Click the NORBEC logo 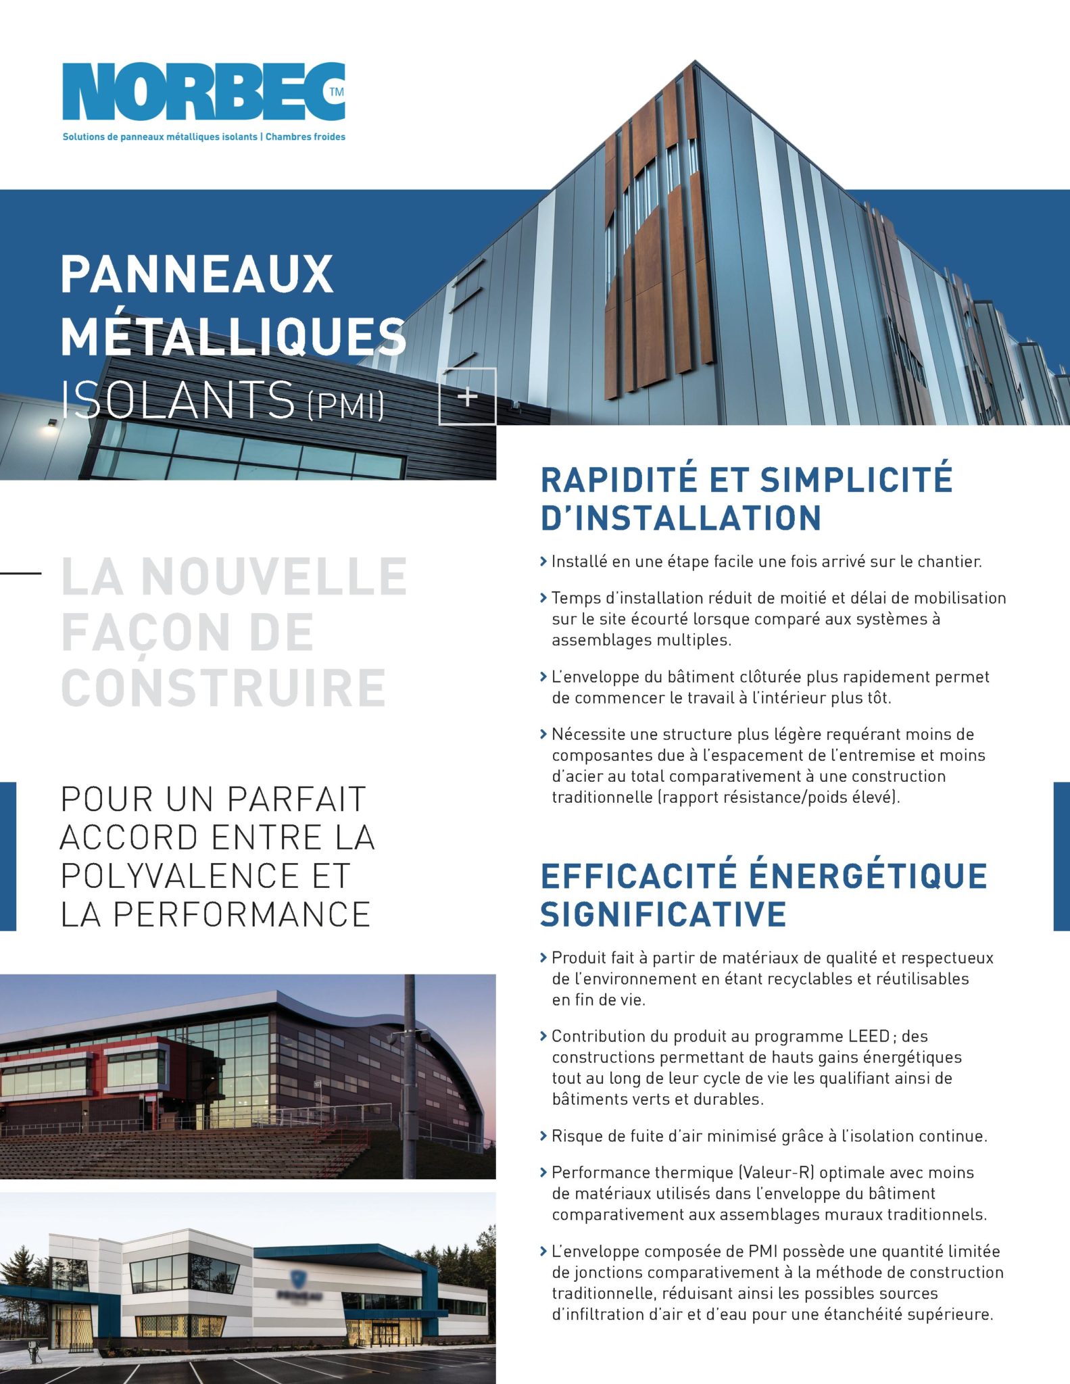[203, 92]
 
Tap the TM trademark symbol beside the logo [336, 92]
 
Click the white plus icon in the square [468, 397]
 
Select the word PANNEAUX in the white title [197, 274]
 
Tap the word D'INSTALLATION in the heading [681, 518]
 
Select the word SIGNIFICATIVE [663, 914]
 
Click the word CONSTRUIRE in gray [224, 688]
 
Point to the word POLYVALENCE [179, 876]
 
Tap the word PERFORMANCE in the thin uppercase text [241, 914]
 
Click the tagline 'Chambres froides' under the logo [306, 137]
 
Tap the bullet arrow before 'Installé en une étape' [543, 562]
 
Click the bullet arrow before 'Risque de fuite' [543, 1136]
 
